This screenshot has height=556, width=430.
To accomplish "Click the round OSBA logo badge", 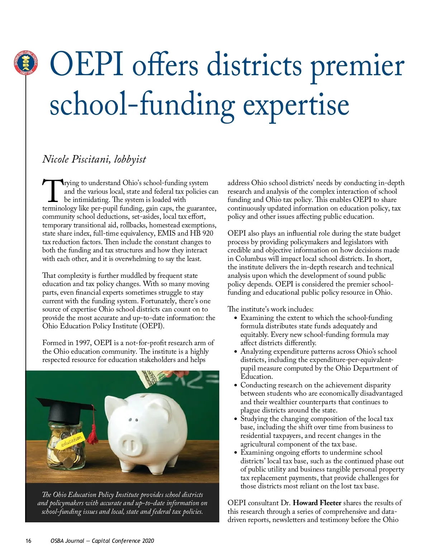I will pos(26,63).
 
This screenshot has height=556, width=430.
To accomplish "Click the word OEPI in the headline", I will pos(87,64).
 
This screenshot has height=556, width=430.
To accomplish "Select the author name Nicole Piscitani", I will pos(76,159).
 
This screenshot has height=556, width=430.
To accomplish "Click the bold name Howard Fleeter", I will pos(317,503).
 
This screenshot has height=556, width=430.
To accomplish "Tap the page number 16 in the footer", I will pos(28,541).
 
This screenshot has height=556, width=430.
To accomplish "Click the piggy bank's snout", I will pos(131,446).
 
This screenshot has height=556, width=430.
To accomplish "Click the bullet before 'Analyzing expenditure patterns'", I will pos(235,352).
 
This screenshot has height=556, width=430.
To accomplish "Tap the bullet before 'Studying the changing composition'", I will pos(235,419).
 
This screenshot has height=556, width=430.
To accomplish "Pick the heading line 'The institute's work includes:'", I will pos(270,309).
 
